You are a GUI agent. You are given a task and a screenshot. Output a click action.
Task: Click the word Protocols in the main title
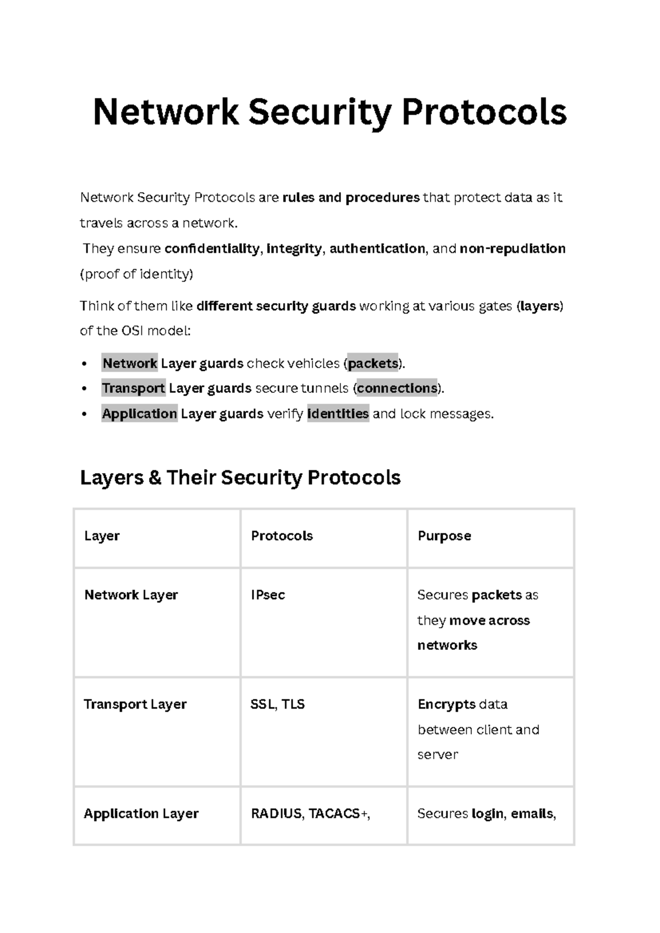(x=484, y=112)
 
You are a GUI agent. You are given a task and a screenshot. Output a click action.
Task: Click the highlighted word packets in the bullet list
(x=373, y=364)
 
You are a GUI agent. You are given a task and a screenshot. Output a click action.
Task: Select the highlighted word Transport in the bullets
(x=134, y=388)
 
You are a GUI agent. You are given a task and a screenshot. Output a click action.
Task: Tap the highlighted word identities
(x=338, y=414)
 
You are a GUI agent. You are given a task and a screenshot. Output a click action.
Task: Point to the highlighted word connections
(x=397, y=388)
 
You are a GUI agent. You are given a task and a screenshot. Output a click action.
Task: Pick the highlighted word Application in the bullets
(x=140, y=414)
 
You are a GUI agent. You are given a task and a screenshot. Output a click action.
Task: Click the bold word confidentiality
(x=212, y=249)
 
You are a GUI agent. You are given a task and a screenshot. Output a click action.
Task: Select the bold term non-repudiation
(x=512, y=249)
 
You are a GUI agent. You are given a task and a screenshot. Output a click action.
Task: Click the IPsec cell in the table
(x=268, y=595)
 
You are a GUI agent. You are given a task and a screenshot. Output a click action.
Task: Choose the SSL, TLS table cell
(x=277, y=704)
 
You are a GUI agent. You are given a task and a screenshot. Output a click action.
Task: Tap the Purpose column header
(x=444, y=536)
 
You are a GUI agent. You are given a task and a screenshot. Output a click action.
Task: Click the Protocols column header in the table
(x=282, y=536)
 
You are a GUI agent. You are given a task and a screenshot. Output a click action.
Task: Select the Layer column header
(x=102, y=536)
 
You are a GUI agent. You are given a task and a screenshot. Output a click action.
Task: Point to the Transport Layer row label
(x=135, y=704)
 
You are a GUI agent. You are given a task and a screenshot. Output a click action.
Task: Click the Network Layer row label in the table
(x=131, y=595)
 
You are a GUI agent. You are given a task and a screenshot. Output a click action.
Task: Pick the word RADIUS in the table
(x=276, y=814)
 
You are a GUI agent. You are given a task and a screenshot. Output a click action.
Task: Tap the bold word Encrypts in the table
(x=447, y=704)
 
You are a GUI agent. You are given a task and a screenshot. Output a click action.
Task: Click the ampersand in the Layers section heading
(x=154, y=478)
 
